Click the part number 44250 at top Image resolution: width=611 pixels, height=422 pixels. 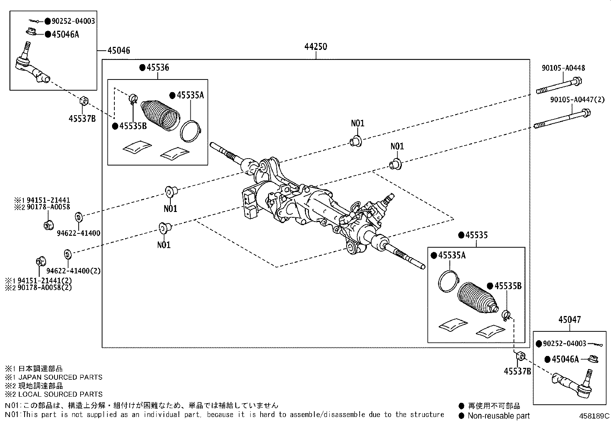point(315,47)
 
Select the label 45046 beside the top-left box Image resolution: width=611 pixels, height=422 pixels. point(119,50)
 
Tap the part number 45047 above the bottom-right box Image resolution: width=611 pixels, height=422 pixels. point(570,319)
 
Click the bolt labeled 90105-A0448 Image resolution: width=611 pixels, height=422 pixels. point(559,86)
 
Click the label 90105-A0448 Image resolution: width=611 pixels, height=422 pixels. point(563,68)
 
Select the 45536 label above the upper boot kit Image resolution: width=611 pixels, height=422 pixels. point(157,68)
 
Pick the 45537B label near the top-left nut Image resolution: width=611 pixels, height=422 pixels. point(82,118)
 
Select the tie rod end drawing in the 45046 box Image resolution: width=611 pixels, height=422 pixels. point(31,67)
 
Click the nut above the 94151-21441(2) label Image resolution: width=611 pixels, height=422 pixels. point(39,261)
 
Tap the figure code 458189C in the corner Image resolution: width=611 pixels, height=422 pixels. point(594,416)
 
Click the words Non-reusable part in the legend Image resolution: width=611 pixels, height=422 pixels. point(498,415)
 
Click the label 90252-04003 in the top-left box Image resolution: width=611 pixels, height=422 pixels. point(73,21)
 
